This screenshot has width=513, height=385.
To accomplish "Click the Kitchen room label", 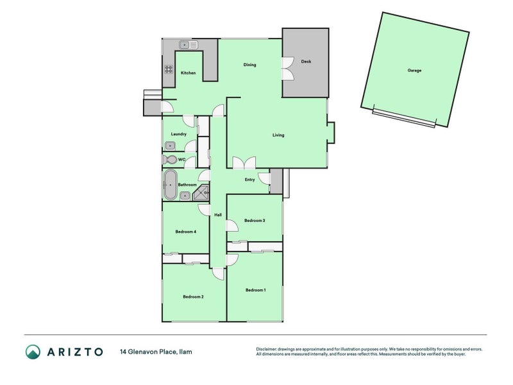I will (188, 73).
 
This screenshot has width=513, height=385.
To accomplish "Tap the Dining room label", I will (250, 65).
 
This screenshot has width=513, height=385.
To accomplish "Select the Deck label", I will (306, 62).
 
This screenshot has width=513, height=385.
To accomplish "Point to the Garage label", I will (414, 70).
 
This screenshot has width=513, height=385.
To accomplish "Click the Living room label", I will (278, 135).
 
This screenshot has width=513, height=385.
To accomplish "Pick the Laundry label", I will (178, 134).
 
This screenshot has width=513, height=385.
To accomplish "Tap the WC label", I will (181, 159).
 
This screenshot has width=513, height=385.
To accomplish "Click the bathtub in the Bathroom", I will (171, 185).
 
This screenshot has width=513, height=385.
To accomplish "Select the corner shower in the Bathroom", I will (203, 192).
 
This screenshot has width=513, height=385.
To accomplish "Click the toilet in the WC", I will (170, 159).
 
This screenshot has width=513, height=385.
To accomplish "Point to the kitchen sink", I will (190, 45).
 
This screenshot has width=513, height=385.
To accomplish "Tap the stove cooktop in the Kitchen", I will (169, 70).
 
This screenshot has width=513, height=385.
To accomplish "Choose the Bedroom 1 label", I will (255, 290).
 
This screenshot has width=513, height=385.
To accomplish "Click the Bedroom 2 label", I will (193, 296).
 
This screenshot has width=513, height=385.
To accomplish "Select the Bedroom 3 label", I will (255, 221).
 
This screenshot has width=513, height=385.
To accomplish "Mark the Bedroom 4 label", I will (185, 232).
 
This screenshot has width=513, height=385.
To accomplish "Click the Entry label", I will (249, 180).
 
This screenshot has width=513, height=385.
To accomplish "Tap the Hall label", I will (217, 214).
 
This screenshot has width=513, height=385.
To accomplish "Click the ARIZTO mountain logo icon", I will (33, 352).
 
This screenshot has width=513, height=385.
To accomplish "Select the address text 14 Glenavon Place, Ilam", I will (156, 352).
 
